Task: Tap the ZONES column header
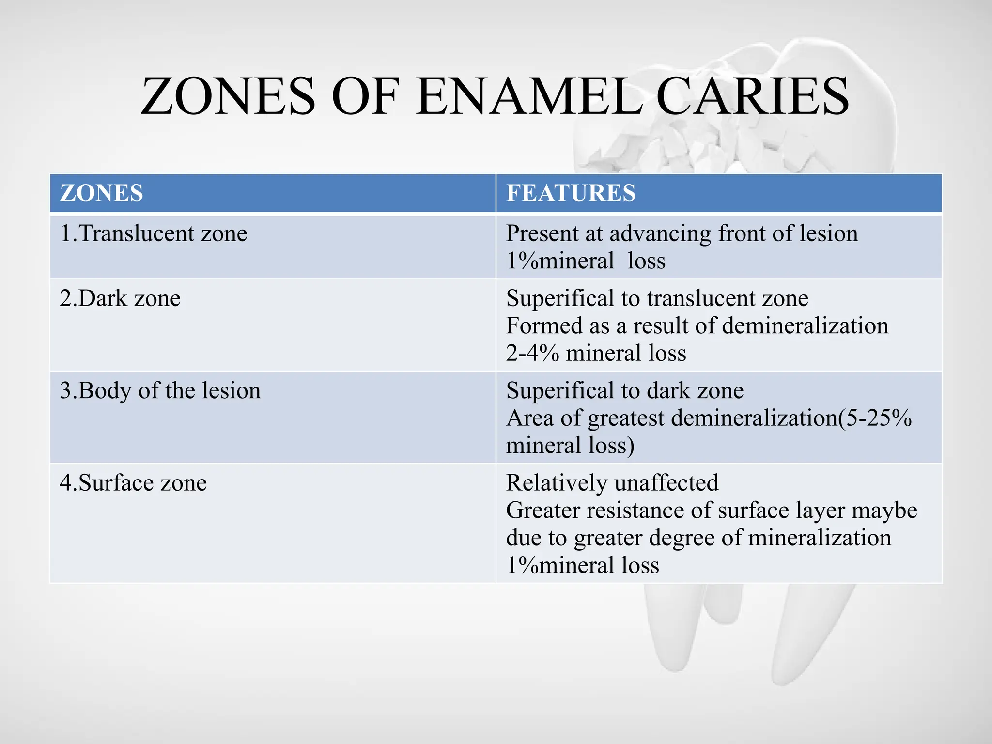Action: [101, 193]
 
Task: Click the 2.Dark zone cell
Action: [120, 298]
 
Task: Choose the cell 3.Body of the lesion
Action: [160, 391]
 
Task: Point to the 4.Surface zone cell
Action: [133, 483]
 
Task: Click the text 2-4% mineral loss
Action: [596, 353]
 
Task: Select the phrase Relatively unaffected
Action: [612, 483]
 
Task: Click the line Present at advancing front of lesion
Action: [682, 233]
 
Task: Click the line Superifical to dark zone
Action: [624, 391]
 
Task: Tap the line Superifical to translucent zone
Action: [657, 298]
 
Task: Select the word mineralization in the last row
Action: [819, 538]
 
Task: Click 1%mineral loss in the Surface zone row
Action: [582, 565]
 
